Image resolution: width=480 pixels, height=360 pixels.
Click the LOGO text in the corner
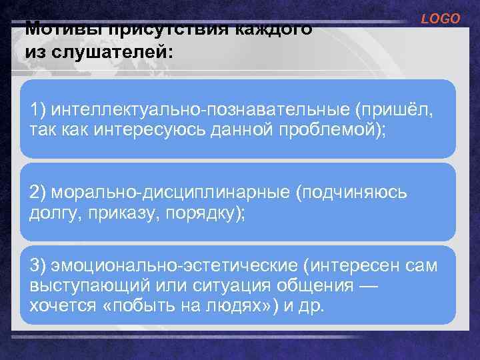pyautogui.click(x=440, y=19)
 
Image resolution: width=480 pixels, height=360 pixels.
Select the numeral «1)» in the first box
pyautogui.click(x=39, y=109)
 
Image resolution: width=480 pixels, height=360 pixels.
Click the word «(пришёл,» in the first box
pyautogui.click(x=399, y=109)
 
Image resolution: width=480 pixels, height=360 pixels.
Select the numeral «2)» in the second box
pyautogui.click(x=39, y=193)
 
